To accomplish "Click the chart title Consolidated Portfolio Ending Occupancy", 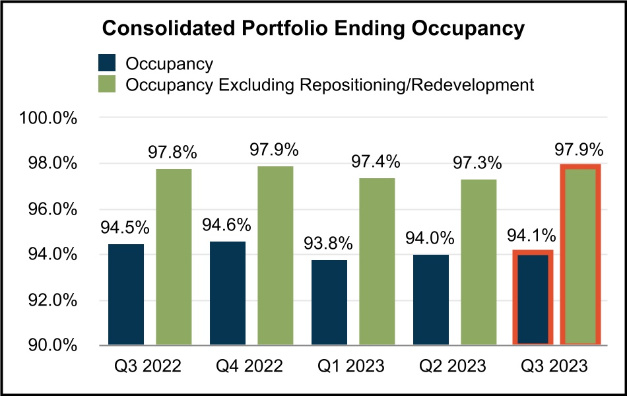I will pos(313,29).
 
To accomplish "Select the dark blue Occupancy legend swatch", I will pos(107,63).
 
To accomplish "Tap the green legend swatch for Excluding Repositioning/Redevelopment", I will pos(107,84).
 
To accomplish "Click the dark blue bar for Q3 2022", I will pos(126,294).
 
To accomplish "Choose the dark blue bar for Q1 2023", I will pos(329,302).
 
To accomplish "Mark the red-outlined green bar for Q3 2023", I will pos(580,255).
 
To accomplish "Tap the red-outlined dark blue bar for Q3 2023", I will pos(533,298).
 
